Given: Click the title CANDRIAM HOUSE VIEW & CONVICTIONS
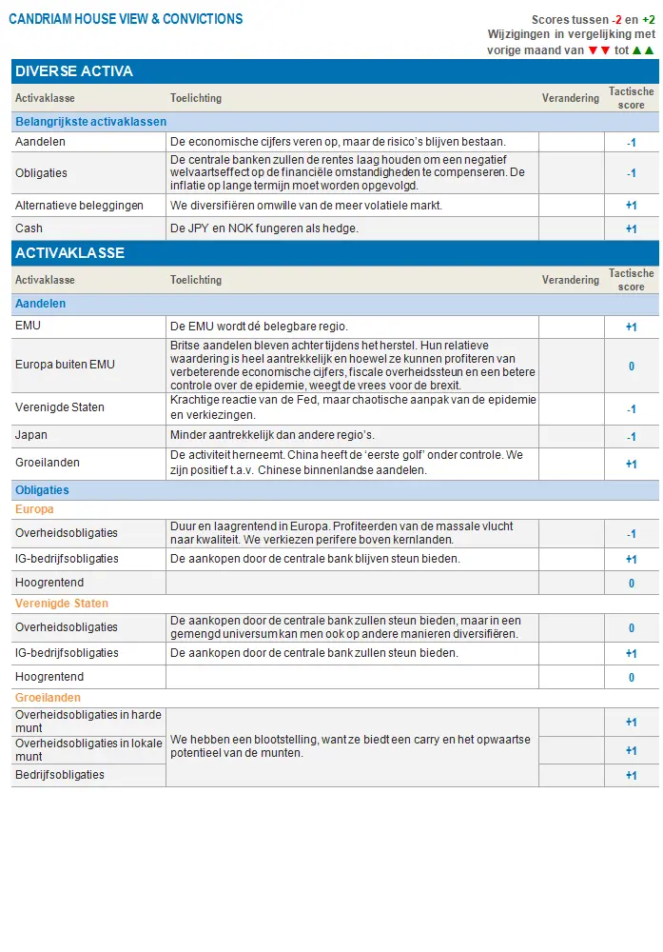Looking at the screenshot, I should [x=126, y=19].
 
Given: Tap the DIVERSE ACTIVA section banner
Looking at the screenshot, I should [x=74, y=71].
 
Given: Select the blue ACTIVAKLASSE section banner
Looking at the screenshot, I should [x=70, y=253].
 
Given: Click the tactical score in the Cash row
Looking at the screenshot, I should [x=631, y=229].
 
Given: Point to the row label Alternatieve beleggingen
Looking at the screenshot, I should [x=79, y=206].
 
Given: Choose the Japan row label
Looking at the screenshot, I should [x=31, y=435].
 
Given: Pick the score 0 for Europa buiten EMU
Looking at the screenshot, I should [x=631, y=367].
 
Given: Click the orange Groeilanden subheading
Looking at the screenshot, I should [x=48, y=698].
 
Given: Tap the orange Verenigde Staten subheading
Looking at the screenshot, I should [x=62, y=604].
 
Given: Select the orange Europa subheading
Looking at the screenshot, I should [x=34, y=509].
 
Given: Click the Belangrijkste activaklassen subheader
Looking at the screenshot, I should [x=90, y=122].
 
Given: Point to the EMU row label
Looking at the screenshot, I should [x=28, y=326].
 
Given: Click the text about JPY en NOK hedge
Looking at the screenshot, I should [x=264, y=228].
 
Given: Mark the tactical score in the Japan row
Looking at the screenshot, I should [x=631, y=437].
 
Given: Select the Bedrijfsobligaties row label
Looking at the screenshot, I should [x=60, y=775].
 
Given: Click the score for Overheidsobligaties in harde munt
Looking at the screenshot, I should [x=631, y=723].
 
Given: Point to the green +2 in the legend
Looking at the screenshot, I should [x=649, y=20].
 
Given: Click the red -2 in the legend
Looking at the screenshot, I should [x=616, y=20].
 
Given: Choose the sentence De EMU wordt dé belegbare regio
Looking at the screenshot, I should [x=259, y=326].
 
